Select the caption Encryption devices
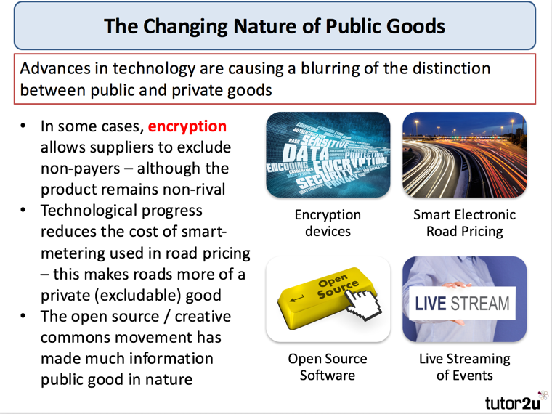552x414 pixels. point(328,223)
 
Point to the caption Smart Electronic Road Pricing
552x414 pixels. point(464,223)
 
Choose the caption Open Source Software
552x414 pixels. point(328,367)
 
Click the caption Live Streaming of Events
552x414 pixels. point(464,367)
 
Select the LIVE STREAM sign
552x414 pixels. point(463,304)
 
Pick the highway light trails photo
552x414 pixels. point(464,155)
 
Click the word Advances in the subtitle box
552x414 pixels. point(53,69)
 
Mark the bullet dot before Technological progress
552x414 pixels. point(24,211)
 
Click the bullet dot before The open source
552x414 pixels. point(24,317)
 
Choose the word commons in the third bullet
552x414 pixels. point(76,338)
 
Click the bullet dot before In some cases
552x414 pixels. point(24,126)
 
